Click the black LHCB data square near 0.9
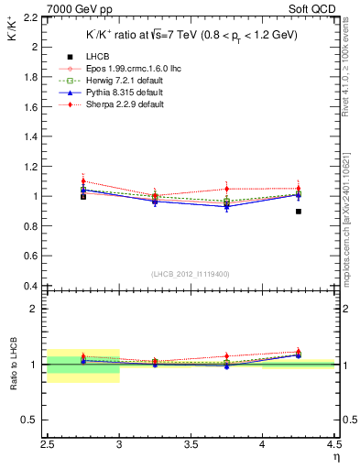click(x=299, y=212)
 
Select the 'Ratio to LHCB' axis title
click(x=12, y=364)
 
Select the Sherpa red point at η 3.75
click(x=227, y=188)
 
